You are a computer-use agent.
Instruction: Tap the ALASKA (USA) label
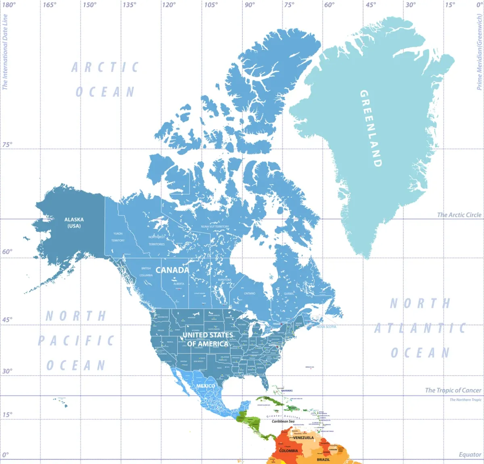coord(74,223)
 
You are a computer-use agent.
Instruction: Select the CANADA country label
coord(172,270)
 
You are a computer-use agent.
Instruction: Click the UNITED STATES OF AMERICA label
coord(208,339)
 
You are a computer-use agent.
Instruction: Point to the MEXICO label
coord(206,386)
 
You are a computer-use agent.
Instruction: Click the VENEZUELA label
coord(303,438)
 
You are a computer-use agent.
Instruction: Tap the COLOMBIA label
coord(288,451)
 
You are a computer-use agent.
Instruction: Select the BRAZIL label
coord(323,460)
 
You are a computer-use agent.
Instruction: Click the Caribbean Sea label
coord(283,421)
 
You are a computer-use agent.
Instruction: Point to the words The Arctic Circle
coord(459,215)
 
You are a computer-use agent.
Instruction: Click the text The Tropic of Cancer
coord(453,390)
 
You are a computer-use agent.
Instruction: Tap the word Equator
coord(470,455)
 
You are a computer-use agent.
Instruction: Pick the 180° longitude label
coord(9,5)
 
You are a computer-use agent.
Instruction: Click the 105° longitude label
coord(211,5)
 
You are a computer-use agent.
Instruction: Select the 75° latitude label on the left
coord(7,144)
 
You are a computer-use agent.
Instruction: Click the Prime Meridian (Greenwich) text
coord(480,52)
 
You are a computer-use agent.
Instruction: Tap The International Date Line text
coord(5,52)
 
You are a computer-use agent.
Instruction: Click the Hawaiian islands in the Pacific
coord(60,401)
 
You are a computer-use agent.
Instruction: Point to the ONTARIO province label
coord(249,293)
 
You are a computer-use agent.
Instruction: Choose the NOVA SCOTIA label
coord(326,327)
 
